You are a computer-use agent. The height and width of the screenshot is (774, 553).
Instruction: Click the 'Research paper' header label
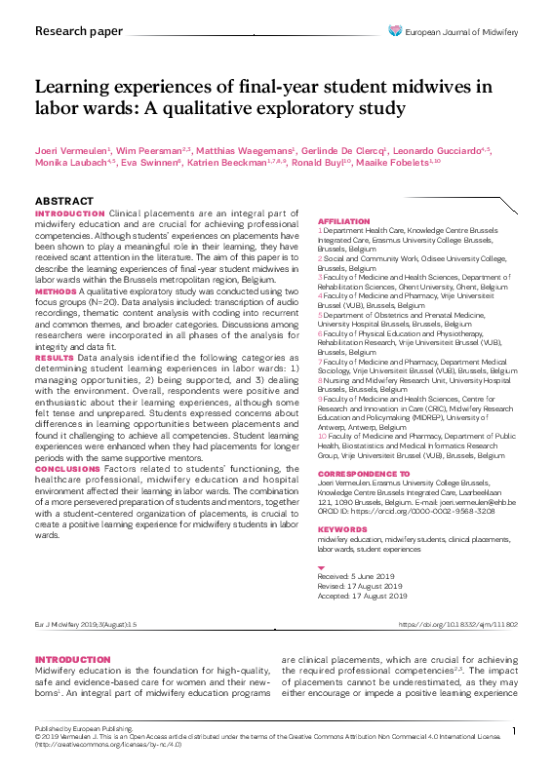click(72, 31)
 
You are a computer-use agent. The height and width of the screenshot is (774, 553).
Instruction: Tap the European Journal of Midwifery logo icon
click(394, 31)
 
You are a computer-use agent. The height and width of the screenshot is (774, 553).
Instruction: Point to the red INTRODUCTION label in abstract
click(69, 213)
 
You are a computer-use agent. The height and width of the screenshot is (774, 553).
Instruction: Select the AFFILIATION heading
click(343, 222)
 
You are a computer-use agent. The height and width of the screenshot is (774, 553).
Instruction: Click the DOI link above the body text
click(458, 624)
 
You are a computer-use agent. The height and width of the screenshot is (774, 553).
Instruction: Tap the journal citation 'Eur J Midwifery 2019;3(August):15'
click(86, 624)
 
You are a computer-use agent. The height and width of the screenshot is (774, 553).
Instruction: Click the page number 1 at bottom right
click(513, 730)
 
